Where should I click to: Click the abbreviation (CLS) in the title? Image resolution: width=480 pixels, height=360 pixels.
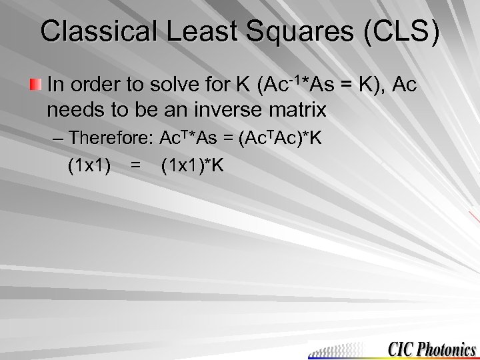tap(399, 32)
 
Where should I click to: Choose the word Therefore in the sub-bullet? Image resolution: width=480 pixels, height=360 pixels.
tap(110, 138)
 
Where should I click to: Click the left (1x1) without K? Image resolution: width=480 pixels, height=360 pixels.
tap(89, 165)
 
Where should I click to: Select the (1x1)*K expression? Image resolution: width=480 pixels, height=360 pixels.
tap(193, 165)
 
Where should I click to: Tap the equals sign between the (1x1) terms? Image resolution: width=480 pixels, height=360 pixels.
tap(135, 165)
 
